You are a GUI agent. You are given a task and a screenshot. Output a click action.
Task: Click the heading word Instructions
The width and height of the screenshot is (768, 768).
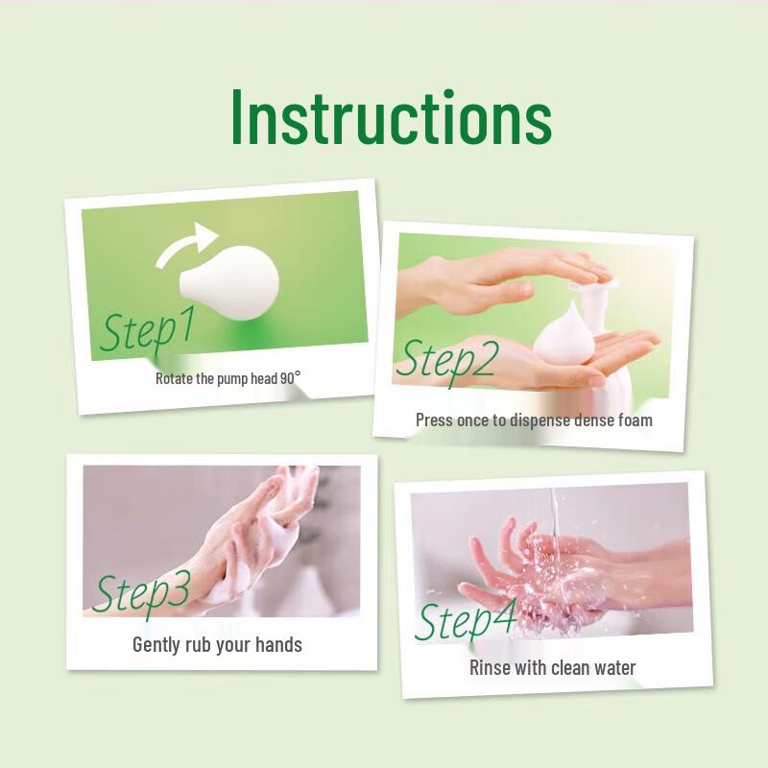point(391,119)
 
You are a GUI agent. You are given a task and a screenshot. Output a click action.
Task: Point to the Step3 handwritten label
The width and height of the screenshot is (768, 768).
point(141,592)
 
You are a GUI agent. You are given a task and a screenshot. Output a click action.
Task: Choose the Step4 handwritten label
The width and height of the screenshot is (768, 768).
point(466,619)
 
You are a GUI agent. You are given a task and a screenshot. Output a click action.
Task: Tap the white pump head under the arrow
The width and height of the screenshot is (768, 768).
point(232,281)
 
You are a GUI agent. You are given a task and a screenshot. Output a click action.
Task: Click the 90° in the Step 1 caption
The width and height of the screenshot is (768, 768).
point(291,377)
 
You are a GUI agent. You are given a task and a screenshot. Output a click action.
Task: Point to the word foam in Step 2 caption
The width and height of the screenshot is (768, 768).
point(632,420)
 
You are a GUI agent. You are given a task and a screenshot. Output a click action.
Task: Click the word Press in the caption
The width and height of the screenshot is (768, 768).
point(434,420)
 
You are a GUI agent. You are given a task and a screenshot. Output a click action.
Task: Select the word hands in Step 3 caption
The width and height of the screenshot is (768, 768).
point(280,644)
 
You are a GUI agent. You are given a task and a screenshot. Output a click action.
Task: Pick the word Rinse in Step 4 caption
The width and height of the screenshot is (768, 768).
point(490,667)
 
